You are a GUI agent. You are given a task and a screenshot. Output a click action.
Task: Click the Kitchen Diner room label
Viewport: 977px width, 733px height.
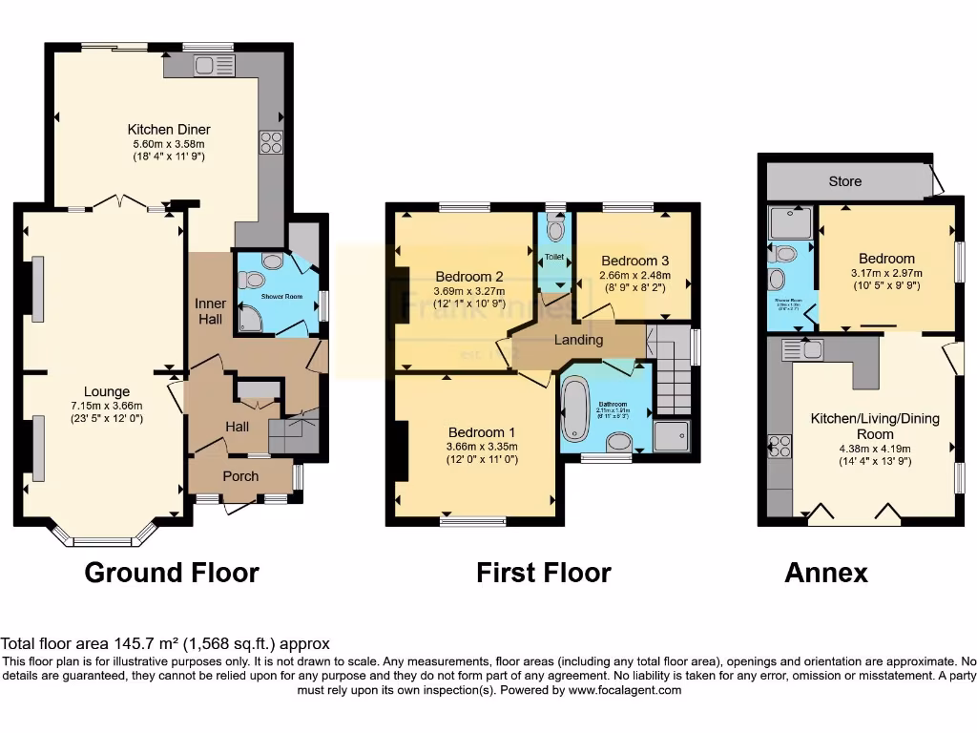click(169, 130)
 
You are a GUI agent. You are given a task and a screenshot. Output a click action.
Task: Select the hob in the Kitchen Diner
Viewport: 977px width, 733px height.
click(271, 141)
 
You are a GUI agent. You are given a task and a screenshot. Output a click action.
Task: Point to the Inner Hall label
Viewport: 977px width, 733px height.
click(211, 311)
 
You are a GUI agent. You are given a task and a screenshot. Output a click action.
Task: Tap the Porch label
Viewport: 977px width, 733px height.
click(240, 476)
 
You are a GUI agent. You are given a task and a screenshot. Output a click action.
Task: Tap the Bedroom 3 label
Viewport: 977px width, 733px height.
click(634, 261)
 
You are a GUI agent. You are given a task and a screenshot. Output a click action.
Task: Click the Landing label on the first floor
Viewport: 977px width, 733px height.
click(579, 340)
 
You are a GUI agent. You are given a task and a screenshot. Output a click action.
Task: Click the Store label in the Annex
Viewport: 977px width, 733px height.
click(844, 181)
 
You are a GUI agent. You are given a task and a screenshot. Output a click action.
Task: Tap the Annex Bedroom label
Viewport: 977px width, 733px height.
click(886, 259)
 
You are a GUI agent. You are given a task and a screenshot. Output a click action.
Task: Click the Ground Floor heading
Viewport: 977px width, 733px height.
click(172, 573)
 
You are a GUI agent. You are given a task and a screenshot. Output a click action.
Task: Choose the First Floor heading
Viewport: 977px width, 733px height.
click(544, 573)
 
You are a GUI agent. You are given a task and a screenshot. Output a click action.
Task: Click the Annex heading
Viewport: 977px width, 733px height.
click(826, 573)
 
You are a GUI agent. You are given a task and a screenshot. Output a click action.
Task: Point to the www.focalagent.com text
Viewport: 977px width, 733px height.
click(625, 690)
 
